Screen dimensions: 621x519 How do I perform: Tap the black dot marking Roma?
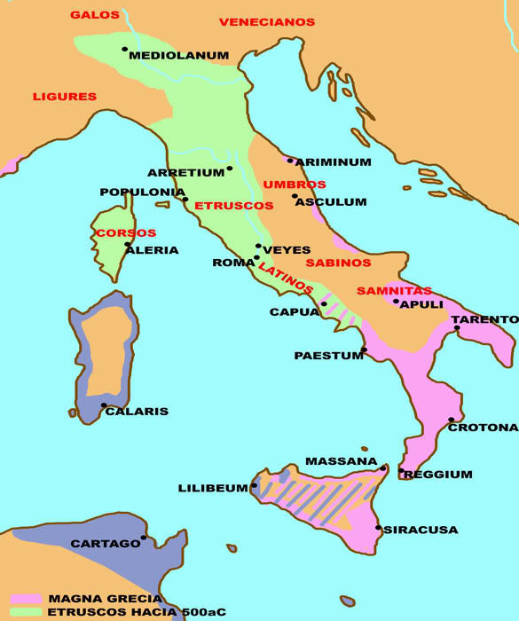(256, 258)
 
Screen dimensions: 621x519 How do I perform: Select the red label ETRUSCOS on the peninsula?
(233, 206)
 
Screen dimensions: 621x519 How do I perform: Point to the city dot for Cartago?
(144, 537)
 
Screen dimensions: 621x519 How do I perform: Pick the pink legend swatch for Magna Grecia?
(25, 599)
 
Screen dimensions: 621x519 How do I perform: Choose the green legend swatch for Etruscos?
(25, 612)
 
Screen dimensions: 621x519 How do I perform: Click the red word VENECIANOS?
(267, 21)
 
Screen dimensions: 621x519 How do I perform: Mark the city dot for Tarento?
(457, 328)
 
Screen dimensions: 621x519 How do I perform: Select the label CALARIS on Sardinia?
(137, 412)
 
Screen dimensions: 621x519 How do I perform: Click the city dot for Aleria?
(128, 244)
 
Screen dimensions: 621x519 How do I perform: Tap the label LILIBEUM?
(214, 488)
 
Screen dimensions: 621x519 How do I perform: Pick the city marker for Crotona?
(452, 420)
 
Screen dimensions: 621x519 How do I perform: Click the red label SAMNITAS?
(394, 291)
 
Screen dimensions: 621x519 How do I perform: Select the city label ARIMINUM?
(333, 162)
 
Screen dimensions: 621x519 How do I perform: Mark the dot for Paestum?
(364, 350)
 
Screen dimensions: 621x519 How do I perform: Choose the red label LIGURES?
(64, 96)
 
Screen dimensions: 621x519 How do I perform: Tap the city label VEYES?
(287, 248)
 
